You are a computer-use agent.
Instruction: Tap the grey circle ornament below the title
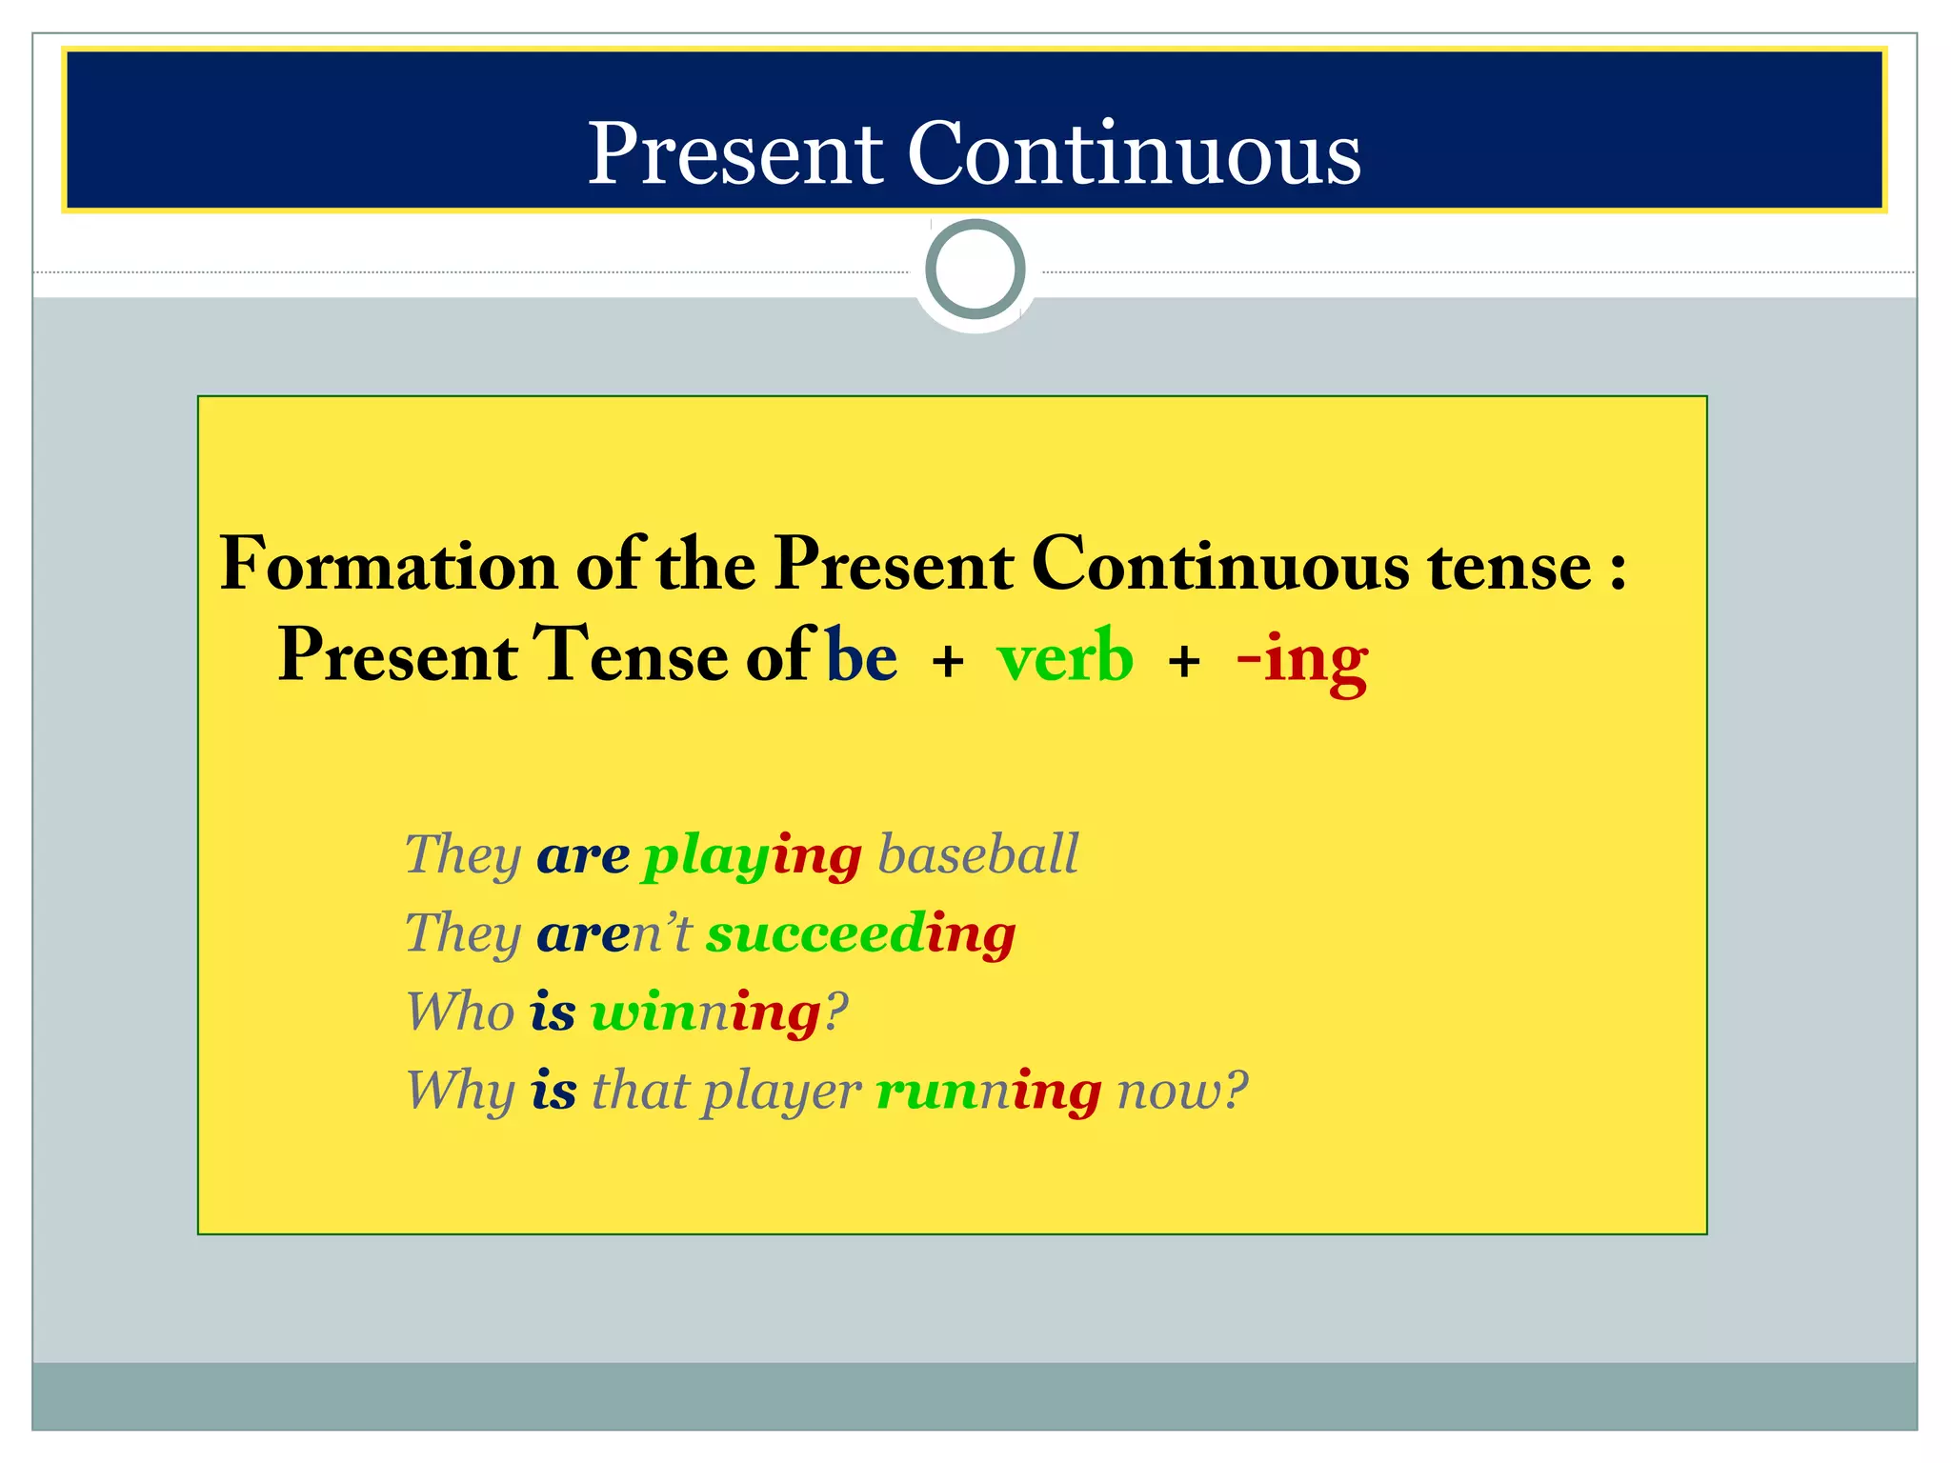[975, 270]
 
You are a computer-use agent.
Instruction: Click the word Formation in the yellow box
[388, 565]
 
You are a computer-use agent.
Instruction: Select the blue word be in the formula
[861, 657]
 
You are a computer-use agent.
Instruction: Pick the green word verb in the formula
[1065, 657]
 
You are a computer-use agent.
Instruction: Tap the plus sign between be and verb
[948, 661]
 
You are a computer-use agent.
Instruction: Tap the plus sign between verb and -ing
[1184, 661]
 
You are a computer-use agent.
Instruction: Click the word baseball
[977, 854]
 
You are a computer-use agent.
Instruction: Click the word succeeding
[860, 933]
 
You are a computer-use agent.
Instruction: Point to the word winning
[705, 1012]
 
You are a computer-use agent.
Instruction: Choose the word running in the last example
[988, 1091]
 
